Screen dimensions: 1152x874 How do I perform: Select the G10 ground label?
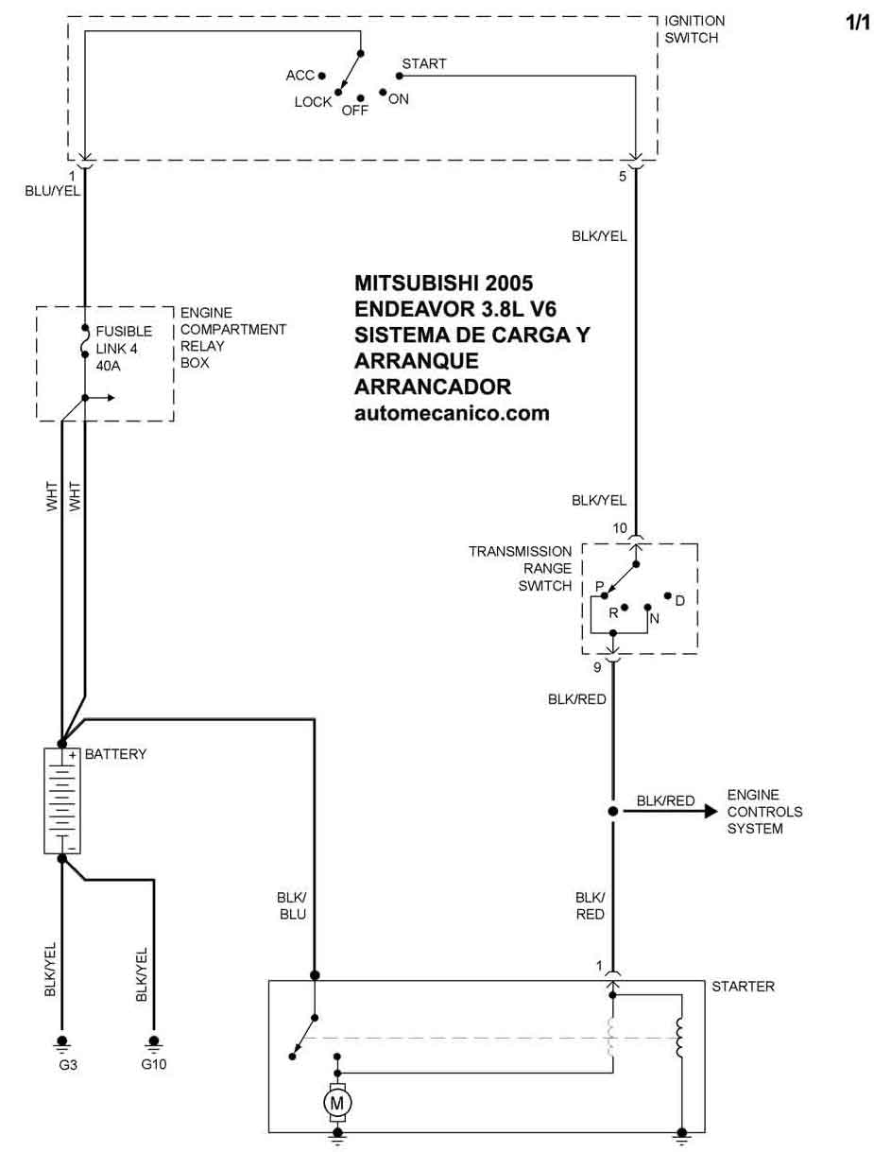[x=154, y=1064]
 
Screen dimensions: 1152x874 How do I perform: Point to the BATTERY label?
[x=115, y=754]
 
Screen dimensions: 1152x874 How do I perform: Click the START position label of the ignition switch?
[x=424, y=64]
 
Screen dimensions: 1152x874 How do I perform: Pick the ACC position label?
[x=300, y=76]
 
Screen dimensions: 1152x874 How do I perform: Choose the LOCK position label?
[x=313, y=102]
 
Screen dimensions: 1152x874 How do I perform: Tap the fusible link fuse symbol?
[x=85, y=343]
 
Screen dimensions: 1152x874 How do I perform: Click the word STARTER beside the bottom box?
[x=743, y=987]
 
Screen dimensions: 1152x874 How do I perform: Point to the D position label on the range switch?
[x=679, y=600]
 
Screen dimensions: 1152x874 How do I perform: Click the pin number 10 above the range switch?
[x=620, y=528]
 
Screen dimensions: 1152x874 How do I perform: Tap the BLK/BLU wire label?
[x=291, y=905]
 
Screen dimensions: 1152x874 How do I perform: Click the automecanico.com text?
[x=452, y=413]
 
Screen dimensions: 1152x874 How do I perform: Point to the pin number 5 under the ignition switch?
[x=623, y=176]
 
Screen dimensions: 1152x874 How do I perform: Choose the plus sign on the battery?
[x=72, y=755]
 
